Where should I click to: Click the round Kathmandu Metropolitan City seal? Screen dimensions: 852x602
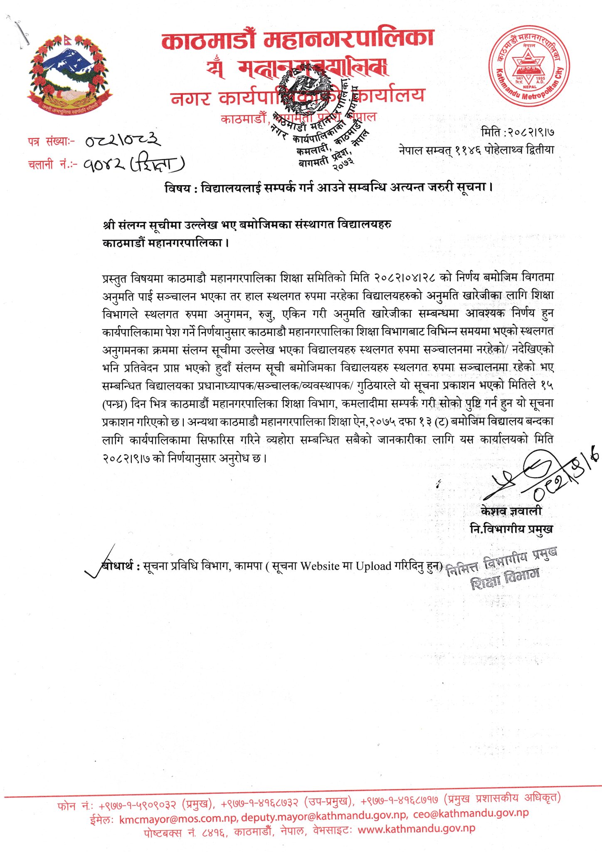click(529, 66)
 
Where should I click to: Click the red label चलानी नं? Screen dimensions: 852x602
click(52, 165)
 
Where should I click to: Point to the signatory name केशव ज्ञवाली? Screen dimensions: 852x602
click(511, 511)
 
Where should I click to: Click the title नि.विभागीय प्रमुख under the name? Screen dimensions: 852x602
click(511, 529)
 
